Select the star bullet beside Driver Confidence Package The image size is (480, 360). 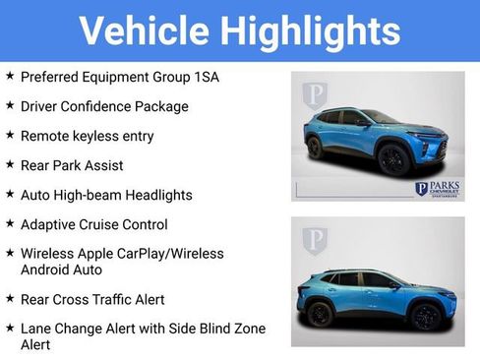(x=10, y=105)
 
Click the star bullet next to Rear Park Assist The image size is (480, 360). (x=10, y=164)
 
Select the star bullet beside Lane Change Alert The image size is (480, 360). (x=10, y=328)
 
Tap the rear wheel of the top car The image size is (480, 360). (x=316, y=148)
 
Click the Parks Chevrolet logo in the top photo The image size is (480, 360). (x=436, y=188)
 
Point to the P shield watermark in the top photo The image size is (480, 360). (x=315, y=94)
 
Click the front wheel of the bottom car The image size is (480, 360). (x=424, y=316)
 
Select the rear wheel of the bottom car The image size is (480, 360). (x=321, y=315)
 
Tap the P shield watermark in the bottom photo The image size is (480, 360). (x=315, y=240)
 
